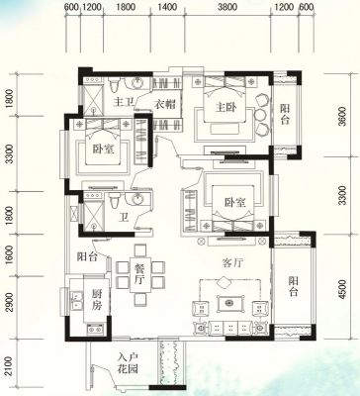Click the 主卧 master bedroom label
(226, 107)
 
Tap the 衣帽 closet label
(165, 105)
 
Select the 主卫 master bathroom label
(124, 102)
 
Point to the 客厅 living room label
(232, 263)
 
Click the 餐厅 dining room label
(139, 273)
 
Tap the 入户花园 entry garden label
(129, 363)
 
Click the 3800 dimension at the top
(227, 7)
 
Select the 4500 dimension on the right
(342, 289)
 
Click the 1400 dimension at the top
(167, 7)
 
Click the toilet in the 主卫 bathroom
(114, 85)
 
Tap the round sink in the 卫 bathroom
(137, 199)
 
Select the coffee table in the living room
(230, 303)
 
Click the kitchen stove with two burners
(95, 329)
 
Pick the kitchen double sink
(78, 301)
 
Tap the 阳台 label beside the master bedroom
(285, 114)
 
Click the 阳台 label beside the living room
(293, 286)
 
